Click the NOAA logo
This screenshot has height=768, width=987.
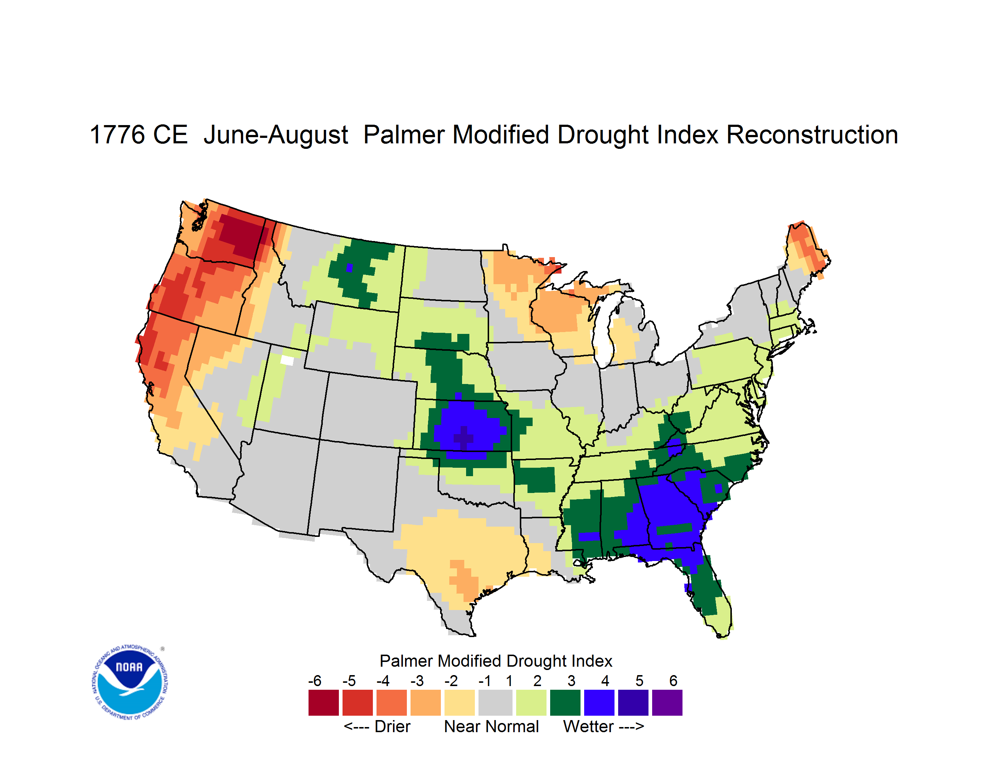130,682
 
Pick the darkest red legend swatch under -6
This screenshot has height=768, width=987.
324,703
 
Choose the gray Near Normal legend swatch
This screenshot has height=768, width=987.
495,703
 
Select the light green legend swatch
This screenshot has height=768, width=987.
531,703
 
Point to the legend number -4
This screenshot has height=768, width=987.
383,681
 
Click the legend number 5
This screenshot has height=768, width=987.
639,681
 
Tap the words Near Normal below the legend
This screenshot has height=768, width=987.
491,726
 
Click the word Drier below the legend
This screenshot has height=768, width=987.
392,726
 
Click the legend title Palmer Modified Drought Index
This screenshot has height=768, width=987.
496,661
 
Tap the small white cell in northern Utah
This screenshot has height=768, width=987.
287,360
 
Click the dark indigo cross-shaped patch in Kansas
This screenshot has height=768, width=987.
464,437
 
